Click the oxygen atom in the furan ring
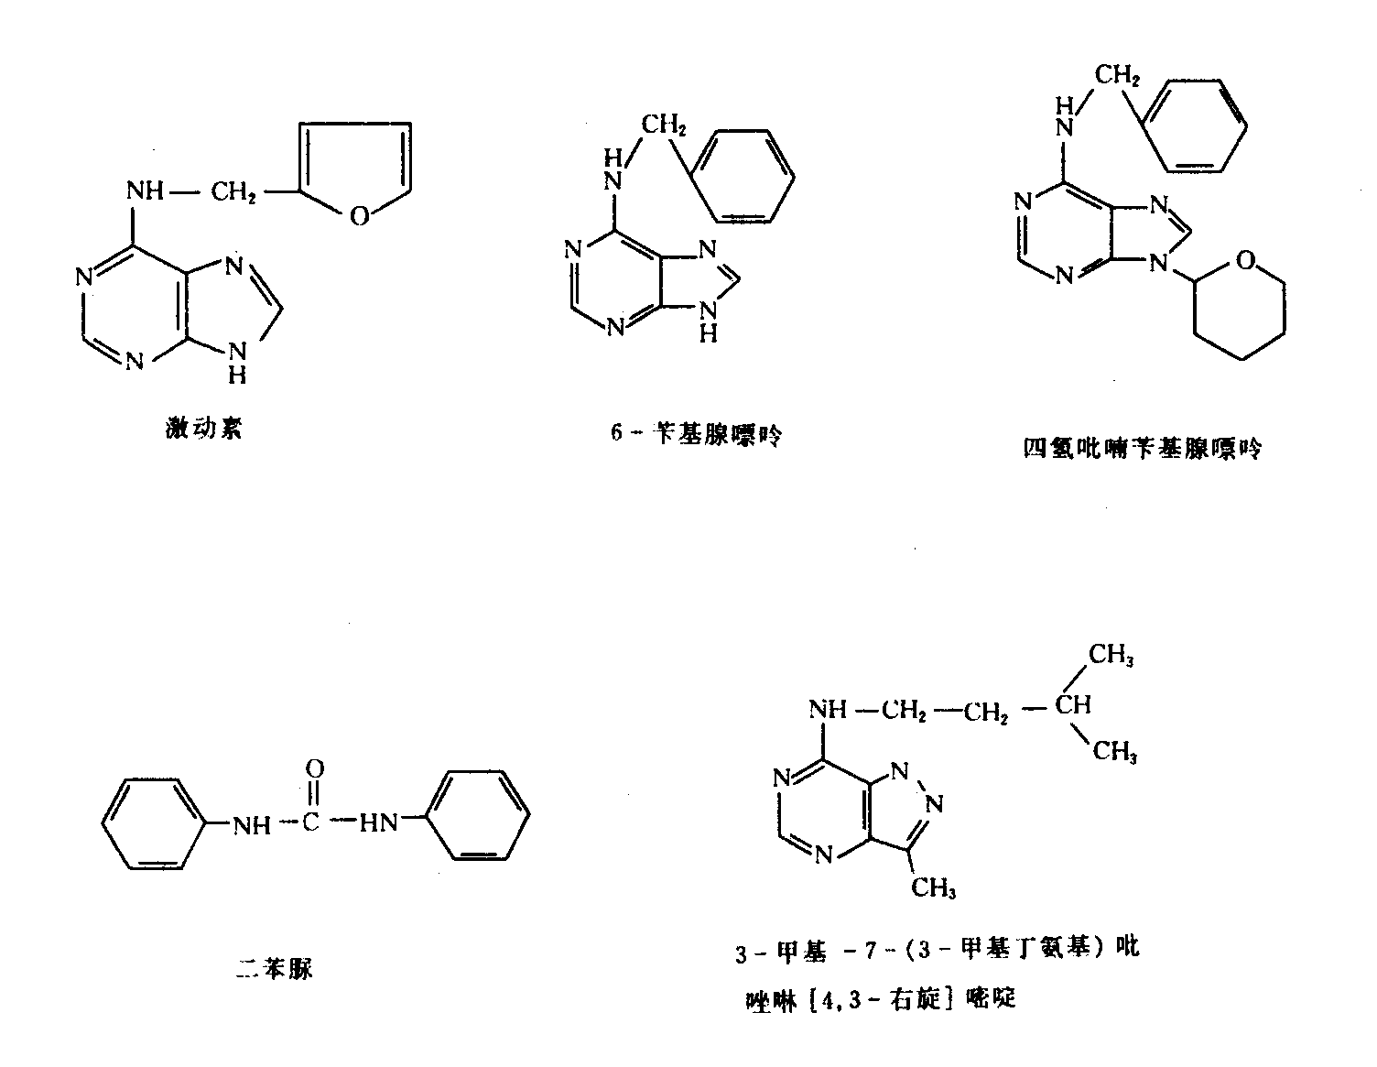coord(360,215)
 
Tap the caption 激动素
coord(204,428)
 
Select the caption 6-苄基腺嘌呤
coord(697,434)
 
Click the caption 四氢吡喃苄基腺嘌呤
coord(1142,449)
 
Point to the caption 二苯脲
coord(274,967)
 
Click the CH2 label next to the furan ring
coord(233,193)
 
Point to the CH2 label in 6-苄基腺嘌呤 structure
coord(663,125)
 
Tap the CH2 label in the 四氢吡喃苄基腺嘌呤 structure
coord(1116,75)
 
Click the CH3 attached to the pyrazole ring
coord(934,887)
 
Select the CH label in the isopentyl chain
coord(1072,705)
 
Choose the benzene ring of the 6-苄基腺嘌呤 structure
coord(743,175)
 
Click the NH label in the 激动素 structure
coord(145,191)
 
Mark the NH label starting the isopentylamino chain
coord(829,709)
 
